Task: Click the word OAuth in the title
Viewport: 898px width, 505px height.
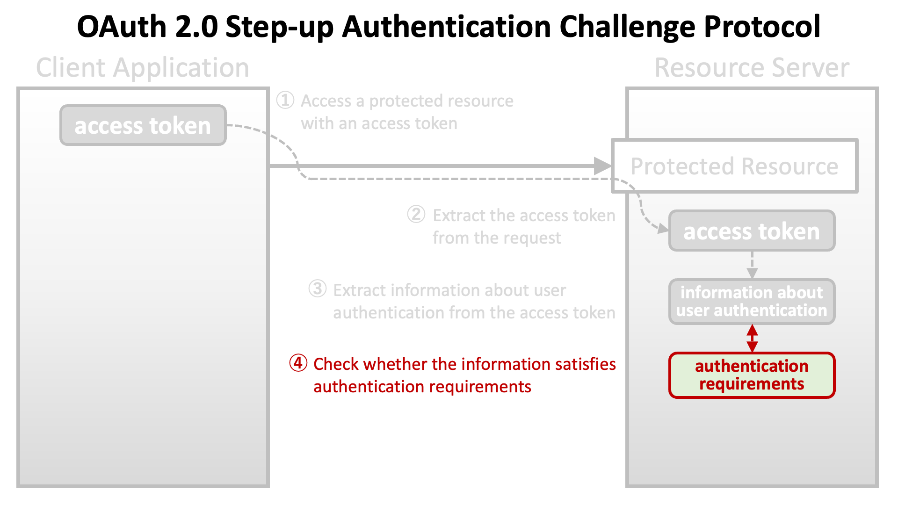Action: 122,27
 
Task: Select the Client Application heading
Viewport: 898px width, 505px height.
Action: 143,68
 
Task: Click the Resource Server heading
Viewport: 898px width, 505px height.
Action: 752,68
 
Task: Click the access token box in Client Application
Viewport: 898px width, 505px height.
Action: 143,125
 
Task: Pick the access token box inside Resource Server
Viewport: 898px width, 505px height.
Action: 752,231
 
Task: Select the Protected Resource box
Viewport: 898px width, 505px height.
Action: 734,166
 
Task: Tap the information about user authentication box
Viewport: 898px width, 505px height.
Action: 752,302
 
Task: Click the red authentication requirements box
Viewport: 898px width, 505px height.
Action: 752,375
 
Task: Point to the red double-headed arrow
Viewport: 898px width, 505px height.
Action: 752,338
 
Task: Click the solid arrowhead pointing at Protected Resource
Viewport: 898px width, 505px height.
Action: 602,166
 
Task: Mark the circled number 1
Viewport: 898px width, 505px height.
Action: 285,100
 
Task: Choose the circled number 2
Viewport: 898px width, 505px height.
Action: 416,215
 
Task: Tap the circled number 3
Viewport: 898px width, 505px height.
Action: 318,289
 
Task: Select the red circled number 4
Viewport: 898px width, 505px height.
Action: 298,363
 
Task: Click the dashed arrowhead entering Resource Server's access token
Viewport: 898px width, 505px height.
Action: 663,229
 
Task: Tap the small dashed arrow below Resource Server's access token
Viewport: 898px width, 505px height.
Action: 752,265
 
